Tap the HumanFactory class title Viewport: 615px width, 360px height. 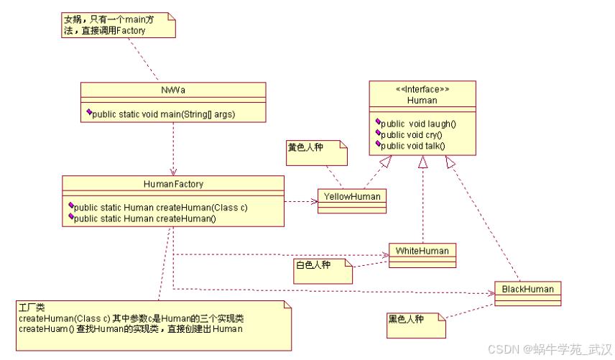click(x=173, y=184)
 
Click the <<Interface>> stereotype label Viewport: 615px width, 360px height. click(x=422, y=89)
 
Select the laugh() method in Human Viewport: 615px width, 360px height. click(x=418, y=123)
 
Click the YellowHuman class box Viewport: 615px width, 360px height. click(x=351, y=197)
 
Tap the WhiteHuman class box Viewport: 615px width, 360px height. click(x=422, y=251)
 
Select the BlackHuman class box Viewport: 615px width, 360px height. click(x=527, y=289)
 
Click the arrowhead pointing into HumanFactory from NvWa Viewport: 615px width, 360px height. click(x=173, y=172)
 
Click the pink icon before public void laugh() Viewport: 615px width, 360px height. click(x=378, y=122)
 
